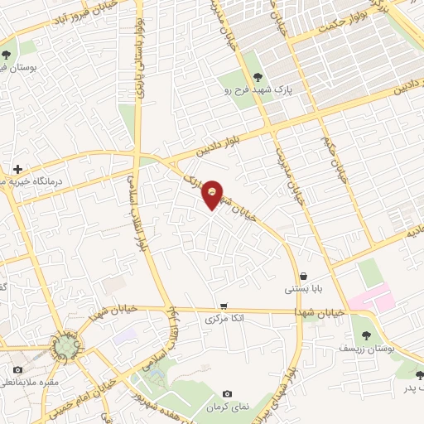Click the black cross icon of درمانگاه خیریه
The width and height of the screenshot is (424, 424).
(x=18, y=169)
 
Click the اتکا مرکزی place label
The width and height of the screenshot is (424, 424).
(x=223, y=319)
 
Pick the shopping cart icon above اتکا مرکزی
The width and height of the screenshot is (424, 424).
(x=223, y=305)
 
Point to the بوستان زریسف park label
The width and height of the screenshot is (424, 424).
(x=368, y=349)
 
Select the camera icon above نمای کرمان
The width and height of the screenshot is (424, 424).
(x=227, y=393)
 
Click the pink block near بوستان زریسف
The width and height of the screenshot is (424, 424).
(x=371, y=297)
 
